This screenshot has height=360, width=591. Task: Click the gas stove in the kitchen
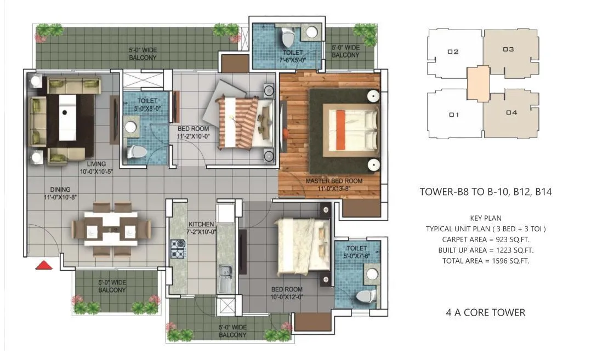(179, 249)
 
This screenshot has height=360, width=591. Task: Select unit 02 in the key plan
(453, 52)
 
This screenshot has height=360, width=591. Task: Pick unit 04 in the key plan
(511, 113)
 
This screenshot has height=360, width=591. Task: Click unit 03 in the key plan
(508, 50)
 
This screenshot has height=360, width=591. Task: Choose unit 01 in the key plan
(453, 115)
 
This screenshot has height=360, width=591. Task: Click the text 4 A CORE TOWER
(485, 312)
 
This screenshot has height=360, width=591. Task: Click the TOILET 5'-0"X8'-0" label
(147, 105)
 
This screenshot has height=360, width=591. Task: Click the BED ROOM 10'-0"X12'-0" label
(287, 293)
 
